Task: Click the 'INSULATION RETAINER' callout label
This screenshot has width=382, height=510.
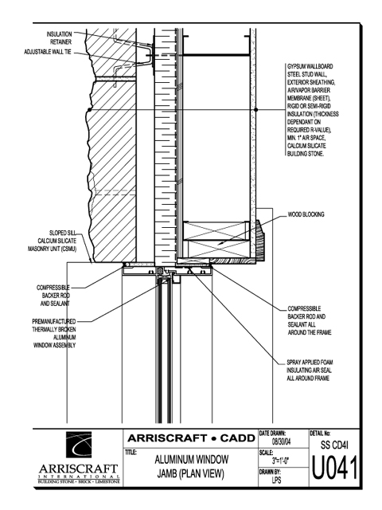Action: coord(60,38)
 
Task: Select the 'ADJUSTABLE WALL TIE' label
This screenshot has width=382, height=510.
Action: coord(48,52)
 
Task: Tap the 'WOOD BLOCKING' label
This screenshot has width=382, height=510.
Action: coord(306,214)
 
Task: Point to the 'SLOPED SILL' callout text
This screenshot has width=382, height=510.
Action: coord(63,233)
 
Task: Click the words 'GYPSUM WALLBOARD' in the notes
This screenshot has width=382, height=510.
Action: coord(310,66)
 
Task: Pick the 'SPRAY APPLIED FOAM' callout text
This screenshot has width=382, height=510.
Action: coord(310,363)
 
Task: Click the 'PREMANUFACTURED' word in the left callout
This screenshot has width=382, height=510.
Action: coord(54,322)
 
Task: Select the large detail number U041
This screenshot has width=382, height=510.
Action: coord(334,469)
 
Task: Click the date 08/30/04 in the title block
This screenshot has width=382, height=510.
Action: coord(281,441)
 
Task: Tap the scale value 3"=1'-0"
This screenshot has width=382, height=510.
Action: coord(281,461)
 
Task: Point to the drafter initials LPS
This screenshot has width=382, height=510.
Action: coord(276,480)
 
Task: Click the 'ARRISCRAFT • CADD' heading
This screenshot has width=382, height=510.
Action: coord(191,438)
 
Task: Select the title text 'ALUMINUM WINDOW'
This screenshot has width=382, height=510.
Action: coord(192,460)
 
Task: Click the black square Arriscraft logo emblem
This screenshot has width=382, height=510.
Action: coord(79,445)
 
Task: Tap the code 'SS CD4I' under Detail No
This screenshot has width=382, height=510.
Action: coord(334,445)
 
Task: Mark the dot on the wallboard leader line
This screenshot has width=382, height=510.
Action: coord(256,110)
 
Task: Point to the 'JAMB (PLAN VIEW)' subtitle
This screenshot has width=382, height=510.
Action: coord(191,474)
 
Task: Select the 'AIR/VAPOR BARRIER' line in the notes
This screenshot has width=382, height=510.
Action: coord(309,90)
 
